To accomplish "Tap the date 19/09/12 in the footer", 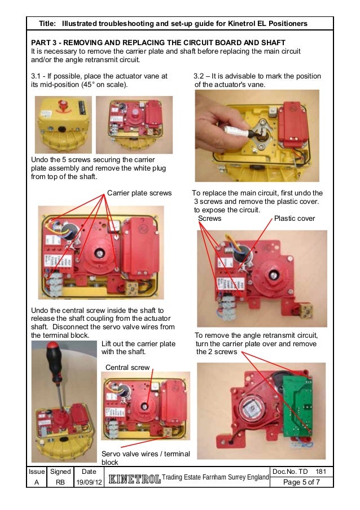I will click(x=89, y=482).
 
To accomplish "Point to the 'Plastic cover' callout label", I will click(x=294, y=218).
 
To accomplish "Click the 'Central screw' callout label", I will click(x=128, y=368).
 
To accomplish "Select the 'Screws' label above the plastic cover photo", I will click(x=210, y=218).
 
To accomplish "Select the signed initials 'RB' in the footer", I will click(x=60, y=482).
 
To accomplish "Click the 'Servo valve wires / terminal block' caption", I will click(x=145, y=458).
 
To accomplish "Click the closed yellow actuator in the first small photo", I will click(x=63, y=116).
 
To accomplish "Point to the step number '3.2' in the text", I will click(x=199, y=76).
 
